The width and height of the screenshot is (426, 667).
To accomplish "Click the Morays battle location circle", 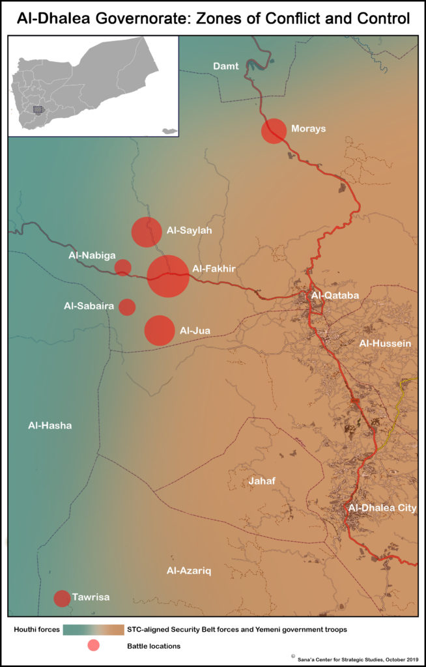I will click(274, 131).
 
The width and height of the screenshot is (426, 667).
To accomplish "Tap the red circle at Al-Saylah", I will click(147, 232).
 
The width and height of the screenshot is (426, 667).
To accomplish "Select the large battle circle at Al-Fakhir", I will click(168, 276).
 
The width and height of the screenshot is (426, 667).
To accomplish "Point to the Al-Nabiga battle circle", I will click(122, 267).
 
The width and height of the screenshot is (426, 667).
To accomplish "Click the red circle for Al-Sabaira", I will click(127, 307).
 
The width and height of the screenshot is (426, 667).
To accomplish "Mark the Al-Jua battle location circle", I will click(159, 330).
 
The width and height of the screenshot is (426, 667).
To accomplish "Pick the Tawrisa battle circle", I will click(62, 598).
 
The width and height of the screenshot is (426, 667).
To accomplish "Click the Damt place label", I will click(226, 66).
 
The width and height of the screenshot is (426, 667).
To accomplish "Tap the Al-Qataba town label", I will click(335, 296).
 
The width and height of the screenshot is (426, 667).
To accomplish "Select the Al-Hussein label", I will click(384, 343).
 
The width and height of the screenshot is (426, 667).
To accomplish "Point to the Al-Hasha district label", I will click(50, 426).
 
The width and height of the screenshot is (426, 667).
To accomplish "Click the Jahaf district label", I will click(263, 481).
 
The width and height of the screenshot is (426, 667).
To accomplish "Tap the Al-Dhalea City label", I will click(382, 508).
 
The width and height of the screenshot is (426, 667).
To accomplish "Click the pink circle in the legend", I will click(93, 646).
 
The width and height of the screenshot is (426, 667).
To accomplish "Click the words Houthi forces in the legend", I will click(37, 630).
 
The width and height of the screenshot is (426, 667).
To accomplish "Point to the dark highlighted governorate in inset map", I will click(40, 110).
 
